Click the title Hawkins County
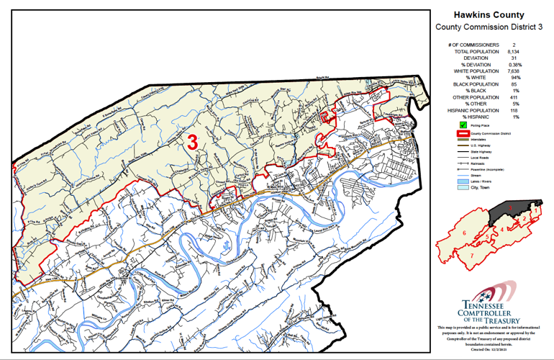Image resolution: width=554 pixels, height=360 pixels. point(489,14)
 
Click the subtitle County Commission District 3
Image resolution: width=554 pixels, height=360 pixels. point(489,27)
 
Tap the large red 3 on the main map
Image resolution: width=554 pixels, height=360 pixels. point(193,141)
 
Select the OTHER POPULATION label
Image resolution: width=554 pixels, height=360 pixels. point(478,97)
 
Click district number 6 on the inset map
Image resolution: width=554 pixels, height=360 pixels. point(466,233)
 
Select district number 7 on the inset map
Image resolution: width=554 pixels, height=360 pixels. point(471,255)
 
